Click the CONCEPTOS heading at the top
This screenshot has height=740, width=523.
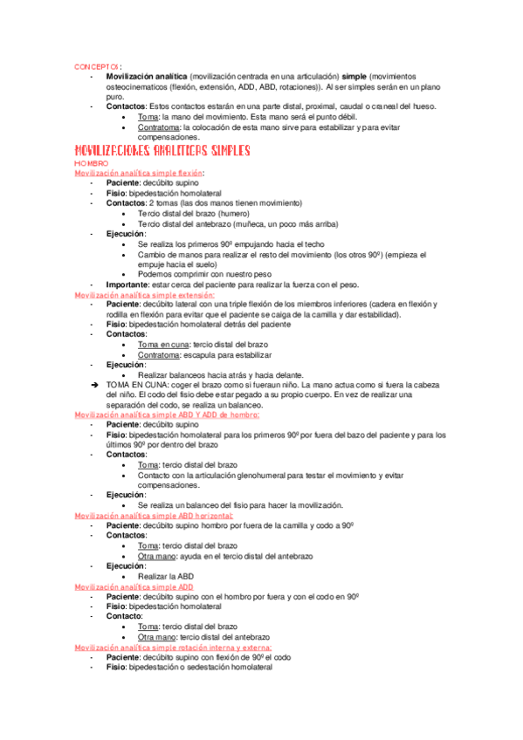pos(96,66)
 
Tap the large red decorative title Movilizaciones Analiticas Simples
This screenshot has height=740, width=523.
pos(162,151)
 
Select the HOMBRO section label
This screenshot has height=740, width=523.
pos(91,164)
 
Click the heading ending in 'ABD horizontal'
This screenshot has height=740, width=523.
pos(154,516)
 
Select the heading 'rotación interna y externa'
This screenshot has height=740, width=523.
pos(173,647)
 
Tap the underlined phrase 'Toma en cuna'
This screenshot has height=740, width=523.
pos(163,345)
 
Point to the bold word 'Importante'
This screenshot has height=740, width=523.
pos(127,284)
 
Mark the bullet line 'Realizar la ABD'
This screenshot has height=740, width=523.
pos(165,576)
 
